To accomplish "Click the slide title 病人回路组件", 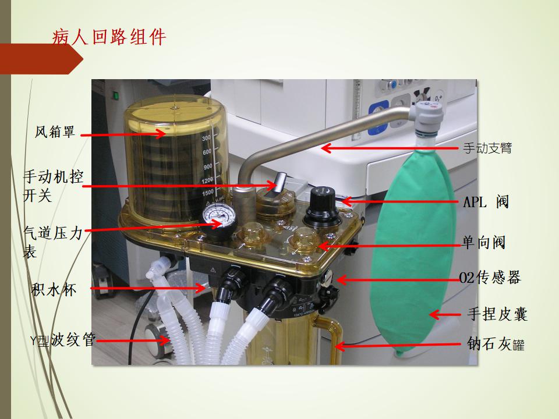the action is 109,36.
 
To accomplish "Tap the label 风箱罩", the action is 55,132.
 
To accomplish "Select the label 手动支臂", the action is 487,147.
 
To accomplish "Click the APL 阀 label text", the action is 486,202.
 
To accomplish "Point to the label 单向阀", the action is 484,243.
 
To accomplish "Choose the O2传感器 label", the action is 490,277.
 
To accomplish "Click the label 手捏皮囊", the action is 497,314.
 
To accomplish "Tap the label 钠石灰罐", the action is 496,344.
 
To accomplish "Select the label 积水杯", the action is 54,289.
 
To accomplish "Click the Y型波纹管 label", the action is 63,340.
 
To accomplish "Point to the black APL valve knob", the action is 322,207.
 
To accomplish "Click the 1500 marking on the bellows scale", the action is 208,193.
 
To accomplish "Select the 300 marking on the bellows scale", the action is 207,138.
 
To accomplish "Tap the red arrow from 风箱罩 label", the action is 123,134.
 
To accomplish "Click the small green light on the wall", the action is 115,95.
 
